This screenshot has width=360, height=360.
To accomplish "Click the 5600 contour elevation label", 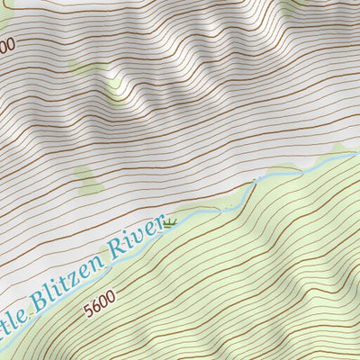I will pyautogui.click(x=100, y=309).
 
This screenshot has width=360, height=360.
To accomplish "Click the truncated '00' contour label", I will pyautogui.click(x=7, y=43).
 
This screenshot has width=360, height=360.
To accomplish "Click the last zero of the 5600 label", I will pyautogui.click(x=112, y=303).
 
